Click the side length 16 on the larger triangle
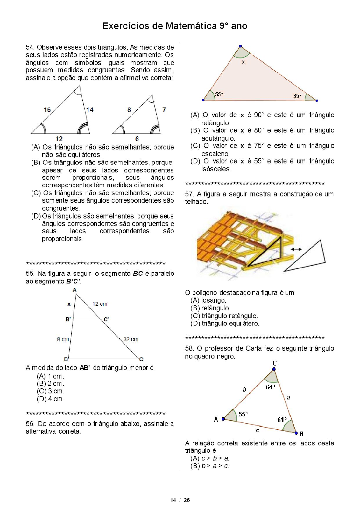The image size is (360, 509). [x=47, y=110]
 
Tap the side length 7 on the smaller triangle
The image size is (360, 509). [x=164, y=109]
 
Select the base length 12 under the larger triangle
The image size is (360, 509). [x=59, y=139]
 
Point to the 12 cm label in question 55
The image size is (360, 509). [x=100, y=304]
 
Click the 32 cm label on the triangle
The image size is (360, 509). [x=131, y=339]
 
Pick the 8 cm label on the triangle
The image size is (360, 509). [x=63, y=339]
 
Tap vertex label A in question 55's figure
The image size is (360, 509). [x=74, y=290]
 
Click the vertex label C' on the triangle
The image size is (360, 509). [x=106, y=319]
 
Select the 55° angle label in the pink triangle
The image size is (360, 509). [x=219, y=94]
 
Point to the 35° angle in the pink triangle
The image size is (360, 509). [x=297, y=96]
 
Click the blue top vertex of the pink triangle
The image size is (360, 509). [x=240, y=46]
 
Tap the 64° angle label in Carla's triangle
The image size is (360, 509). [x=270, y=387]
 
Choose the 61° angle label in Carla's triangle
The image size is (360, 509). [x=282, y=420]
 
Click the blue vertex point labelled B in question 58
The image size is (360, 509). [x=296, y=433]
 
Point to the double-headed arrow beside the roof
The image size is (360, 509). [x=296, y=249]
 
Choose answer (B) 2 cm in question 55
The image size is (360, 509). [x=51, y=384]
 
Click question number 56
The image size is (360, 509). [x=30, y=424]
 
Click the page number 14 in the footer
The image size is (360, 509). [x=173, y=500]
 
